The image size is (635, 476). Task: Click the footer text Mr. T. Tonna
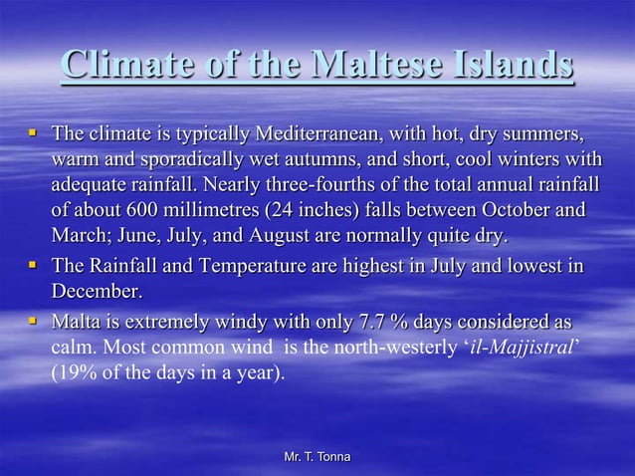click(x=317, y=456)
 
